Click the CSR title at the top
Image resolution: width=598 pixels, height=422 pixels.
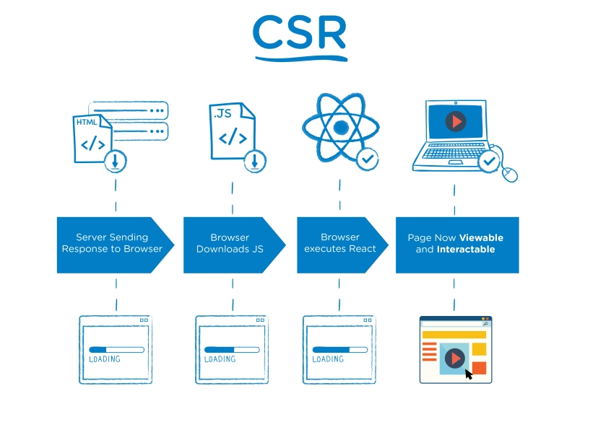pyautogui.click(x=299, y=32)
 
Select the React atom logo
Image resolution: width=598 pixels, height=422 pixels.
pyautogui.click(x=340, y=128)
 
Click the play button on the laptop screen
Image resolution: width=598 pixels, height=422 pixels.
pyautogui.click(x=456, y=121)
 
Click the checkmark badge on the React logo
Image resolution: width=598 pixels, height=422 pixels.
pyautogui.click(x=368, y=157)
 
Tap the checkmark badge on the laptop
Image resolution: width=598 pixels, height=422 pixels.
pyautogui.click(x=490, y=161)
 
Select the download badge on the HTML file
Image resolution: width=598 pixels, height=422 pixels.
pyautogui.click(x=115, y=161)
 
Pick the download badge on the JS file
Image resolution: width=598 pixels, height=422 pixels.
pyautogui.click(x=254, y=161)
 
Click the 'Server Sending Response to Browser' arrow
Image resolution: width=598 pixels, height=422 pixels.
pyautogui.click(x=113, y=243)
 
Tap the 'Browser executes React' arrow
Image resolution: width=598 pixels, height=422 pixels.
pyautogui.click(x=340, y=243)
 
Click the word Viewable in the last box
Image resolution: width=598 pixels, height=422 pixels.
pyautogui.click(x=481, y=237)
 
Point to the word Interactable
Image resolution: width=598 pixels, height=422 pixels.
pyautogui.click(x=466, y=250)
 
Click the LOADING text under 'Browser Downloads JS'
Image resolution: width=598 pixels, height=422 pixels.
pyautogui.click(x=220, y=359)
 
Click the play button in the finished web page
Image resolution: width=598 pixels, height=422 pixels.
pyautogui.click(x=455, y=357)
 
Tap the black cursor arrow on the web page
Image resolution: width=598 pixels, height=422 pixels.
pyautogui.click(x=469, y=374)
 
